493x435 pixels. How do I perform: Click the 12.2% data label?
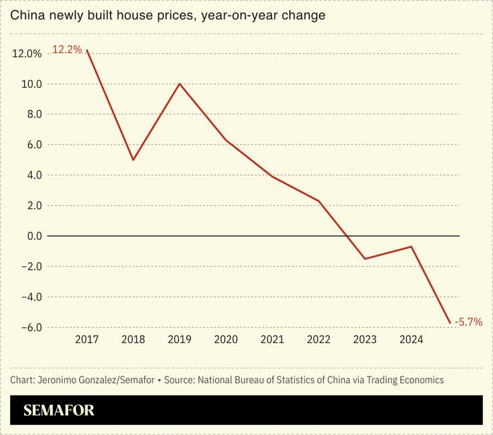point(67,49)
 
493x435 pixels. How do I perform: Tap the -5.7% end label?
point(468,322)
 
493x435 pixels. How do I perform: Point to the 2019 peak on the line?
point(179,84)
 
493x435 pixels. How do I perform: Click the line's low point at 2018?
point(133,160)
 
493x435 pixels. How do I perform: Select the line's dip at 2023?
point(365,258)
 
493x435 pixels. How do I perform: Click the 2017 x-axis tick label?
point(87,340)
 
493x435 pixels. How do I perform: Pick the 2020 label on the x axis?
point(225,340)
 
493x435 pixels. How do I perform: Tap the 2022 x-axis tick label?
point(318,340)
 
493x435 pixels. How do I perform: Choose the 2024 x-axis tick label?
point(411,340)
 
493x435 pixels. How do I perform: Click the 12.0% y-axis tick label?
point(27,54)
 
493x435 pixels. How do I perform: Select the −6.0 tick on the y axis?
point(30,327)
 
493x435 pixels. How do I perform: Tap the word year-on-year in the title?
point(245,15)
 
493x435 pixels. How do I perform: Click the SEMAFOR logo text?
point(59,410)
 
